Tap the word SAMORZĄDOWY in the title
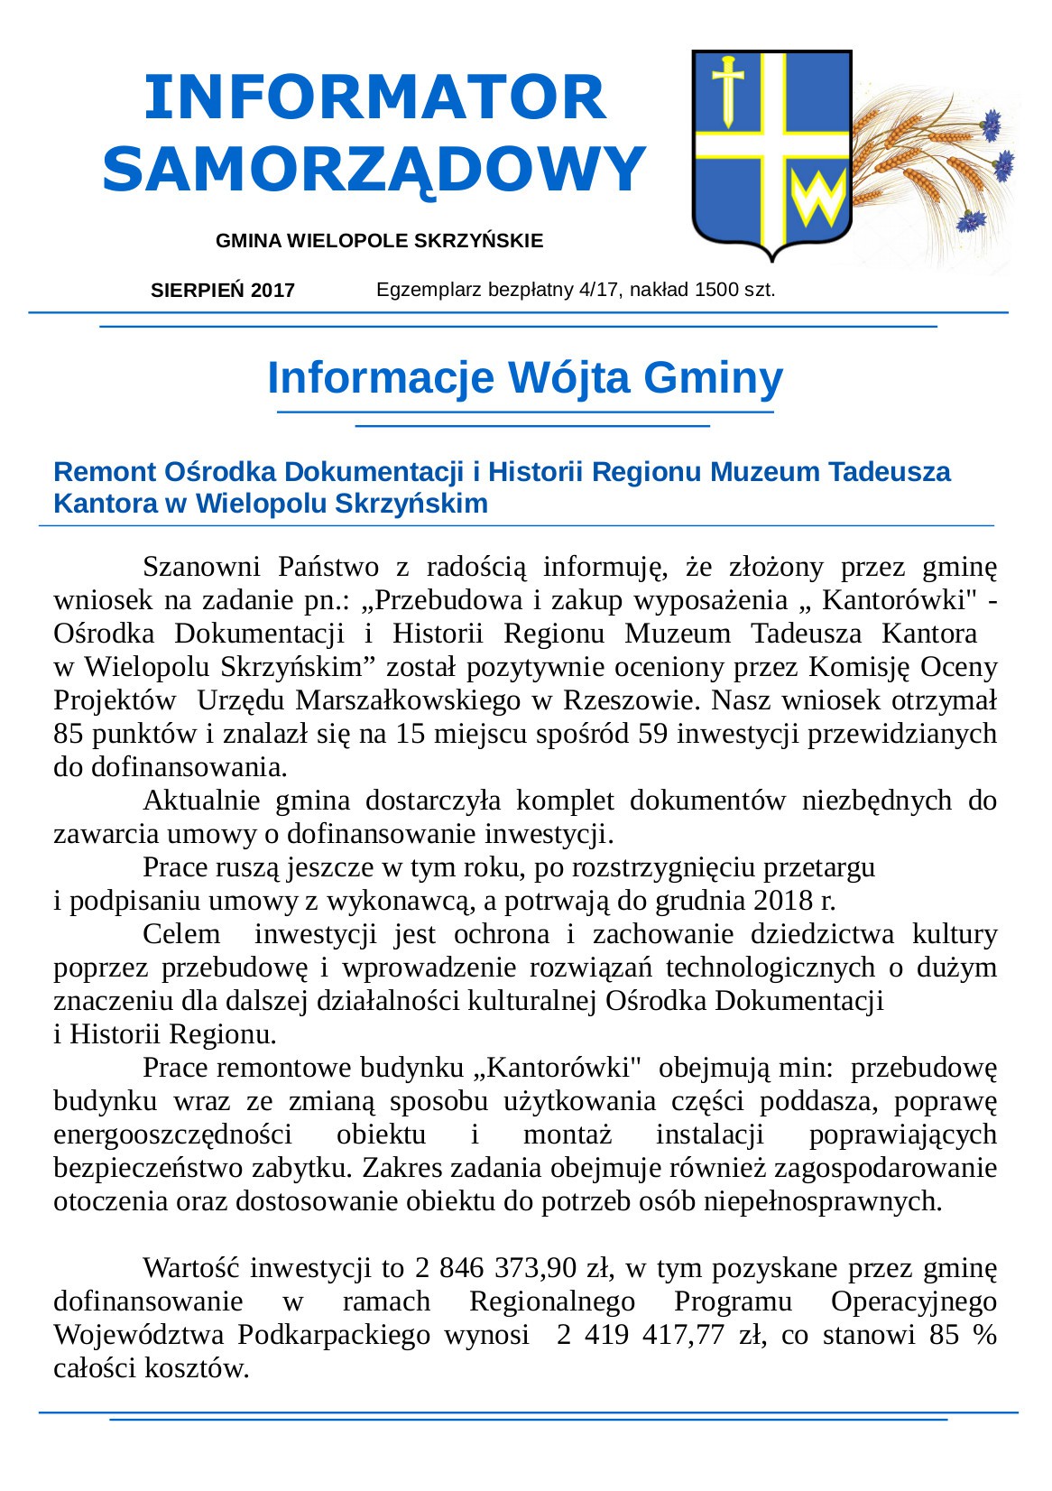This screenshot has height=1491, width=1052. pyautogui.click(x=374, y=169)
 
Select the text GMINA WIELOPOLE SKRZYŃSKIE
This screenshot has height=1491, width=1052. pyautogui.click(x=379, y=241)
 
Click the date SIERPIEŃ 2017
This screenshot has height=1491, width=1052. pyautogui.click(x=223, y=291)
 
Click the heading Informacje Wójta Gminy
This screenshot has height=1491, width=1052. pyautogui.click(x=525, y=378)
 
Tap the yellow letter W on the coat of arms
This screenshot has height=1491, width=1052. pyautogui.click(x=817, y=199)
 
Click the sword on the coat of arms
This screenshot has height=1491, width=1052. pyautogui.click(x=727, y=90)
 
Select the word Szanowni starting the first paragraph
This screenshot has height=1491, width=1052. pyautogui.click(x=201, y=568)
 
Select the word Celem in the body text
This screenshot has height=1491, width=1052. pyautogui.click(x=181, y=934)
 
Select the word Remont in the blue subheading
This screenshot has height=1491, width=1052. pyautogui.click(x=94, y=472)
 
